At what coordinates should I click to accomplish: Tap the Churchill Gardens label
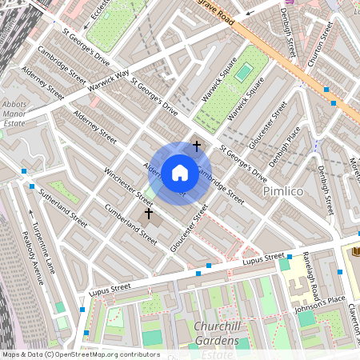click(x=216, y=334)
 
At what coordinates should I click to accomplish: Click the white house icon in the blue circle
click(x=179, y=173)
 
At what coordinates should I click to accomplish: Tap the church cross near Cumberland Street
click(x=148, y=214)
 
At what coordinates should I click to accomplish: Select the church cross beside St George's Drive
click(x=197, y=146)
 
